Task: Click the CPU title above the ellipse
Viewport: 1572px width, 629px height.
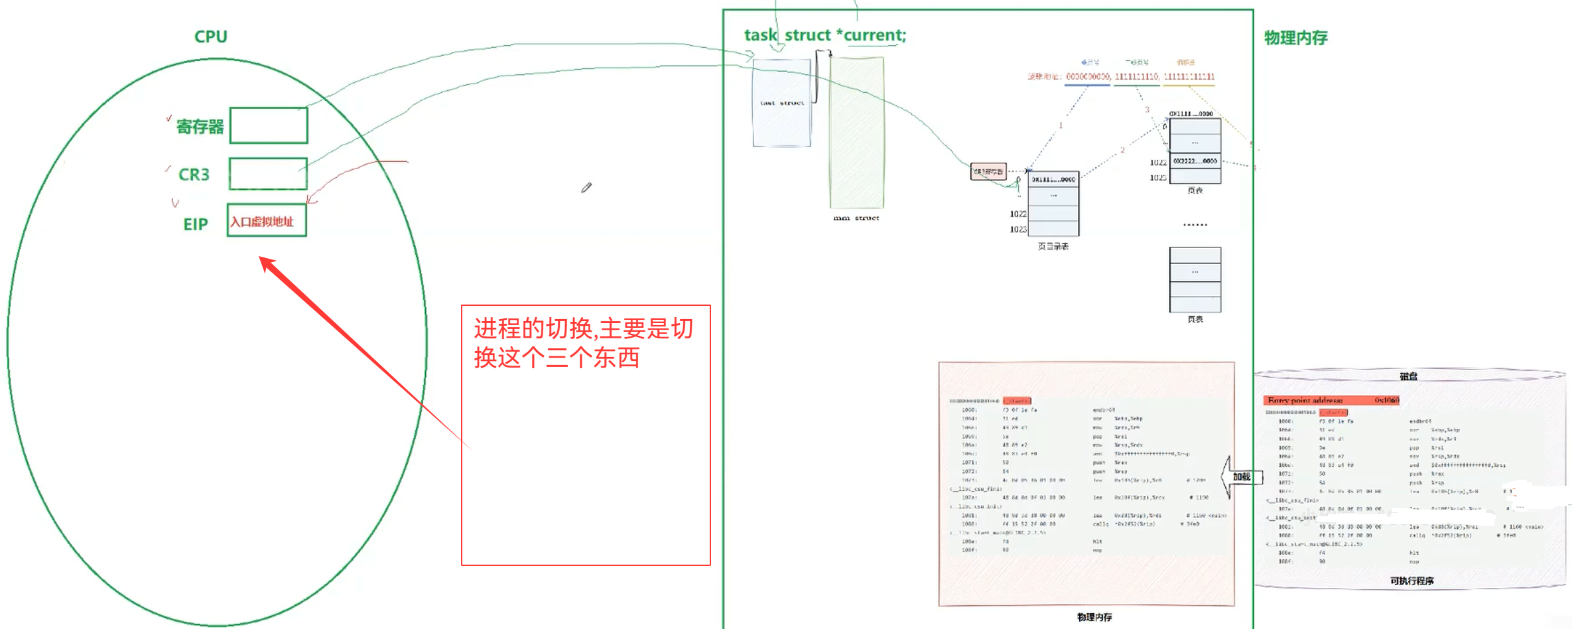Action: pyautogui.click(x=211, y=37)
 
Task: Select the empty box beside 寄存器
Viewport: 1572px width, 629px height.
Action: pyautogui.click(x=269, y=125)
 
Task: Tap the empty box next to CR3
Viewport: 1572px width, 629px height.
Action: pyautogui.click(x=268, y=174)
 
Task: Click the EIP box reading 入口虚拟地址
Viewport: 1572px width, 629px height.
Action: pyautogui.click(x=267, y=221)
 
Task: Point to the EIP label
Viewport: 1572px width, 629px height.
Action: pyautogui.click(x=196, y=224)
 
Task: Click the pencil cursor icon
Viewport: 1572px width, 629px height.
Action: pyautogui.click(x=586, y=188)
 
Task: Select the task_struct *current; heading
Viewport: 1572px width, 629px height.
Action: pyautogui.click(x=824, y=35)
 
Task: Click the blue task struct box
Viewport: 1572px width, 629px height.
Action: pyautogui.click(x=781, y=103)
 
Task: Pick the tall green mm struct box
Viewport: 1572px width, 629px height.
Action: pyautogui.click(x=856, y=133)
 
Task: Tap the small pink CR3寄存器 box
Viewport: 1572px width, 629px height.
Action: pyautogui.click(x=988, y=172)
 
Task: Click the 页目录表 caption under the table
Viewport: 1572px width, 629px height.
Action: pyautogui.click(x=1053, y=246)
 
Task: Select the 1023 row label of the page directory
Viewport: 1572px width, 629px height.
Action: pyautogui.click(x=1018, y=229)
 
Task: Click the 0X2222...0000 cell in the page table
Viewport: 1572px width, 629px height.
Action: pyautogui.click(x=1195, y=161)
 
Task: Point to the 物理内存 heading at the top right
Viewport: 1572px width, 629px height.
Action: pyautogui.click(x=1295, y=38)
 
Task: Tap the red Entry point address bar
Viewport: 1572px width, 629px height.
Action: pyautogui.click(x=1333, y=400)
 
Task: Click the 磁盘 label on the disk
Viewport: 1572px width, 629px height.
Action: pyautogui.click(x=1409, y=376)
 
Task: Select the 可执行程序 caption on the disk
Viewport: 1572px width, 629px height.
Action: pyautogui.click(x=1411, y=581)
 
